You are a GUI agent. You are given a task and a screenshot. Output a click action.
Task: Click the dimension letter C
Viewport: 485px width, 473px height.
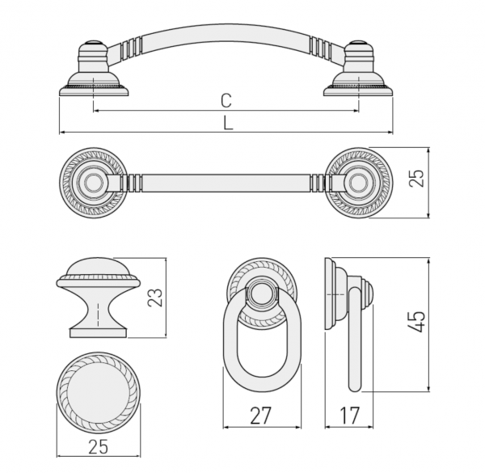[x=226, y=100]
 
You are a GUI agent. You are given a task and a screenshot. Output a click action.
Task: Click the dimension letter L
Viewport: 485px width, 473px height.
[x=228, y=123]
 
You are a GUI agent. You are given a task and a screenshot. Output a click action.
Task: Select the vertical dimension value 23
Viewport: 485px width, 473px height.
[x=155, y=298]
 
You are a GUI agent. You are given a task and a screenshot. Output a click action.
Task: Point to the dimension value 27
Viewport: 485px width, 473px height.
[x=260, y=416]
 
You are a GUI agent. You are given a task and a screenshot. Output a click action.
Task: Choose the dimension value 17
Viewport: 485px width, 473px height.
[x=350, y=416]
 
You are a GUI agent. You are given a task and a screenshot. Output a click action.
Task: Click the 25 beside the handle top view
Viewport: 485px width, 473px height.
[x=416, y=178]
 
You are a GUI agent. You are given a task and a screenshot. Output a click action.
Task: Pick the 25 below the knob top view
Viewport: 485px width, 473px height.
[x=99, y=446]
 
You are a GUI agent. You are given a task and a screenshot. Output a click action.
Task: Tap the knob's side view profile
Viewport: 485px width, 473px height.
[x=99, y=298]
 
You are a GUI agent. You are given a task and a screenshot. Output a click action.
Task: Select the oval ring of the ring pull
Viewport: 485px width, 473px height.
[x=262, y=333]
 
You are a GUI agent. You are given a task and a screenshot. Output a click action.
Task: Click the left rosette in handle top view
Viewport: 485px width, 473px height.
[x=94, y=183]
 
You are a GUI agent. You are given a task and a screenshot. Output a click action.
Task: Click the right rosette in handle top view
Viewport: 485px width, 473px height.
[x=358, y=183]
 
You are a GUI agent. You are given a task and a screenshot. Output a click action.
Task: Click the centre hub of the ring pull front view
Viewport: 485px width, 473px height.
[x=262, y=293]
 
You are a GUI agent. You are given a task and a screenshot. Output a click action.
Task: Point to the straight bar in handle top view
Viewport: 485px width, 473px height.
[x=226, y=183]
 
